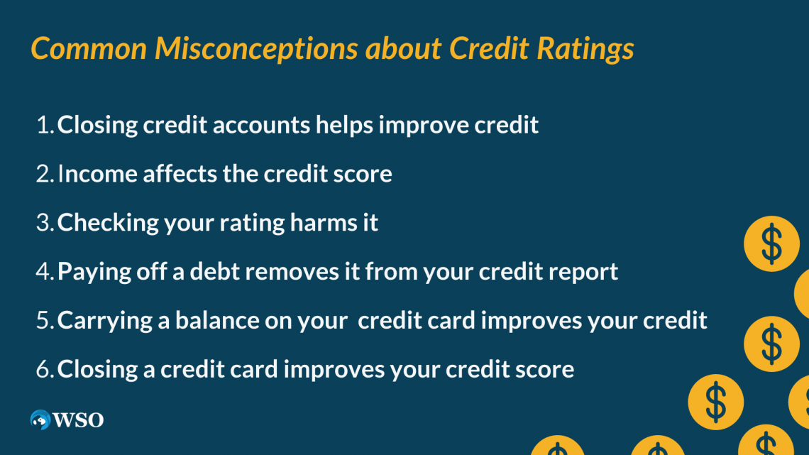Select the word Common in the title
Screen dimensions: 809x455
point(89,48)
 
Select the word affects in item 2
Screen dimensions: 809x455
point(180,173)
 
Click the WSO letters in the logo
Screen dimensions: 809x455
point(79,420)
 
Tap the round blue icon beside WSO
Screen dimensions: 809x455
point(40,420)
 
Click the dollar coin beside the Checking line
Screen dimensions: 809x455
point(771,244)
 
